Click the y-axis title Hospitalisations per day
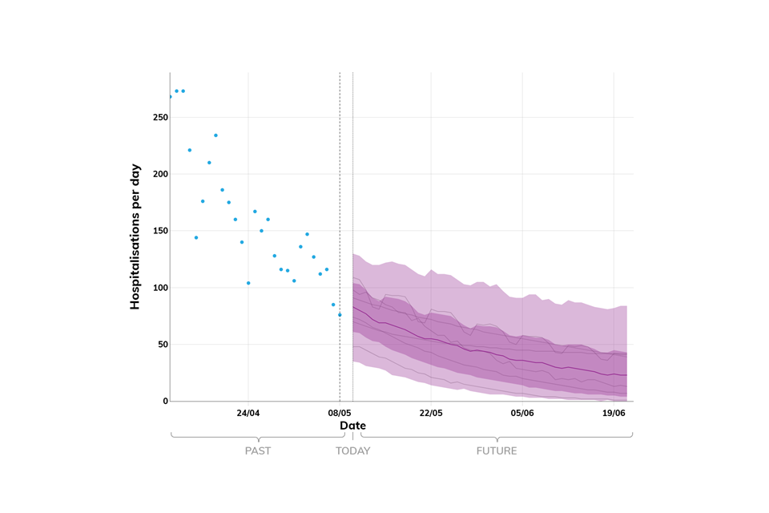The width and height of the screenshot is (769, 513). (x=135, y=237)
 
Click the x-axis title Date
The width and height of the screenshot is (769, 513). (x=352, y=426)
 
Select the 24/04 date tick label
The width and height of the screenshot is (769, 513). (x=248, y=414)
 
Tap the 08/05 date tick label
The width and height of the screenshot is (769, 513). (x=340, y=414)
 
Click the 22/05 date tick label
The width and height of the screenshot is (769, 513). (x=431, y=414)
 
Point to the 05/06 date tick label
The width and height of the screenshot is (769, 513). (x=522, y=414)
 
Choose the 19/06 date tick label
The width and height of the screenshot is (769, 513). (x=614, y=414)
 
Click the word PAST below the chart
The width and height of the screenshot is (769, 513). (x=258, y=450)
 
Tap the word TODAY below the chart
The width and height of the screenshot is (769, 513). (x=352, y=450)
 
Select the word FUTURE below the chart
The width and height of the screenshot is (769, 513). (x=497, y=450)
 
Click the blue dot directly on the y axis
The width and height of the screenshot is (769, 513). (x=170, y=96)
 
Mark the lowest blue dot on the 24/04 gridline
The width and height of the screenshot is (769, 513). (x=248, y=283)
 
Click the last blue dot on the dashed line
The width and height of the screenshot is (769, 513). (x=340, y=315)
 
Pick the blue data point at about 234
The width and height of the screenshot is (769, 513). (x=215, y=135)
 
